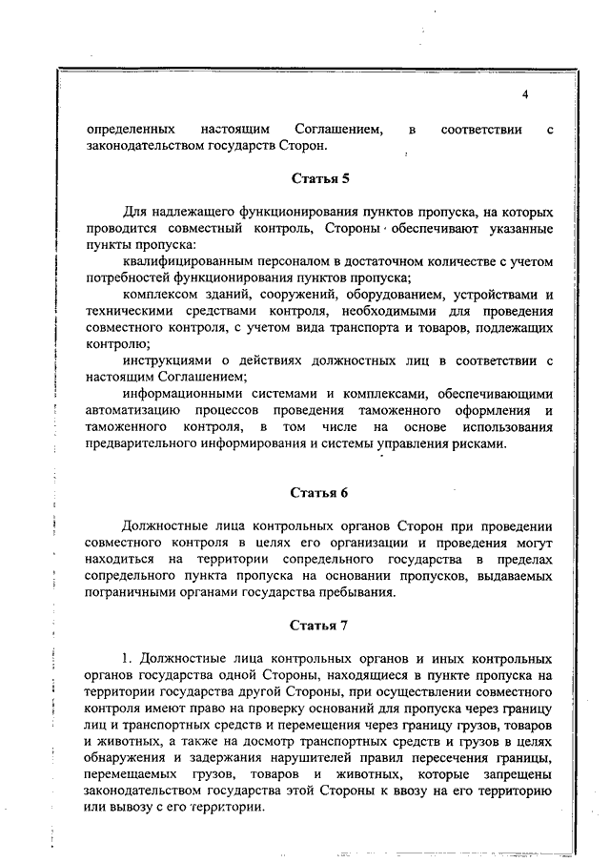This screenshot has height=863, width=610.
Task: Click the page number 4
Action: (x=525, y=94)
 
